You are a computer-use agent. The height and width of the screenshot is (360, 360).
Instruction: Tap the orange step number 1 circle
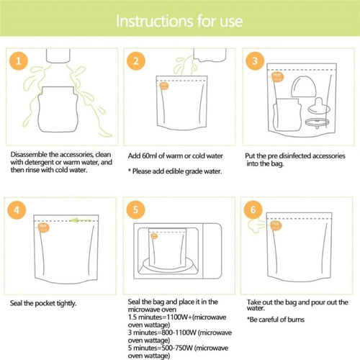coord(22,62)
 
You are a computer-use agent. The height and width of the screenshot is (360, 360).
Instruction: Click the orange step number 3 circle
coord(253,62)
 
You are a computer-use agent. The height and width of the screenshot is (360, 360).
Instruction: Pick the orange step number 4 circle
coord(22,212)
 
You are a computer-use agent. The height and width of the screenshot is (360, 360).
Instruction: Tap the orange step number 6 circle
coord(253,212)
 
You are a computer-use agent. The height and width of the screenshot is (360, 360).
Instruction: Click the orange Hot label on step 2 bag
coord(163,86)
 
